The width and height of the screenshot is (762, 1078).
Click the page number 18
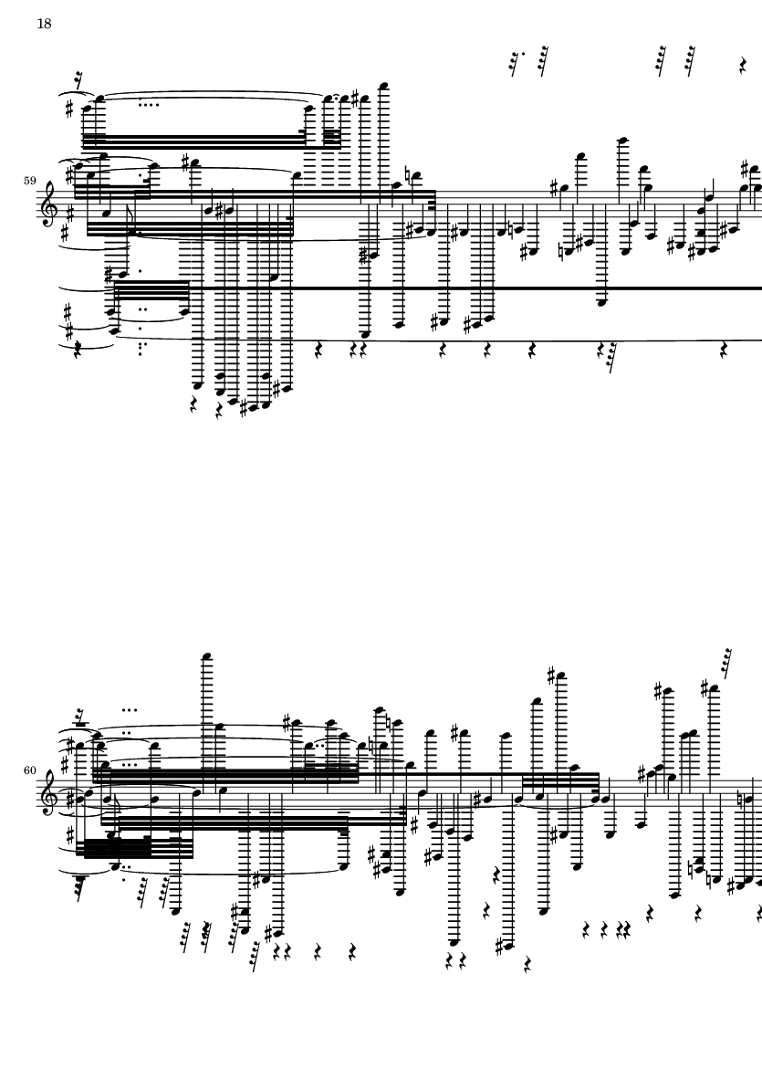tap(43, 24)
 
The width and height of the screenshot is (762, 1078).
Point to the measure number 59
tap(29, 181)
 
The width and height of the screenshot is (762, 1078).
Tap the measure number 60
tap(29, 770)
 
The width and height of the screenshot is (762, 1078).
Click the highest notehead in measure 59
tap(382, 86)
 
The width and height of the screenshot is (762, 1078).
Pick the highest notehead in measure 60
tap(205, 656)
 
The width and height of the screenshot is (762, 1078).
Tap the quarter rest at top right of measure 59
tap(743, 66)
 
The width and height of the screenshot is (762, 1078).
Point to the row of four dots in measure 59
tap(149, 105)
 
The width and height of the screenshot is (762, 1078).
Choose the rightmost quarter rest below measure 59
tap(725, 351)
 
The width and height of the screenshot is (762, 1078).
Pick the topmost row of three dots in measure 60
tap(130, 709)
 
